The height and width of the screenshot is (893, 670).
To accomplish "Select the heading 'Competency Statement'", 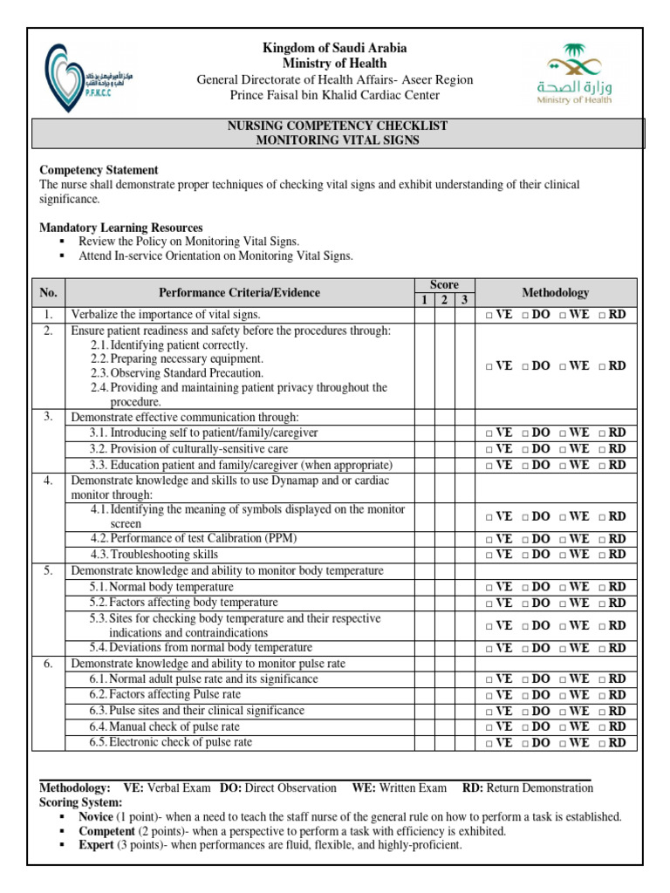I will tap(99, 170).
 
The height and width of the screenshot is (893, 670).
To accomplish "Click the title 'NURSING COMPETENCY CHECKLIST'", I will tap(337, 126).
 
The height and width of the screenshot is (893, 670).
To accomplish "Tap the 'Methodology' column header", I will tap(555, 292).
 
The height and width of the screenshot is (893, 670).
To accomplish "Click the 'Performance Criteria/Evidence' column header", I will tap(239, 292).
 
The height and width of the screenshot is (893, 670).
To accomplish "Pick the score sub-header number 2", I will tap(443, 300).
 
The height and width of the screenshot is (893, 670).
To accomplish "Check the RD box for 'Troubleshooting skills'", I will tap(603, 555).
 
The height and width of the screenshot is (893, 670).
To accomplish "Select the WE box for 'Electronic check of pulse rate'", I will tap(564, 743).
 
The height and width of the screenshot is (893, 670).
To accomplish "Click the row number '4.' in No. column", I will tap(49, 481).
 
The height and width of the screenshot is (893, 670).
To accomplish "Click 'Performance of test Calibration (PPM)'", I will tap(193, 539).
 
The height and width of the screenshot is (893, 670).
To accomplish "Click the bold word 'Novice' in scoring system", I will tap(95, 817).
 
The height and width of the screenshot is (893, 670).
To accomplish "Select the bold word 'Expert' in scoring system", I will tap(95, 845).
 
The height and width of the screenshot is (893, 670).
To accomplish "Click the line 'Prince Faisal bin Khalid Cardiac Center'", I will tap(334, 94).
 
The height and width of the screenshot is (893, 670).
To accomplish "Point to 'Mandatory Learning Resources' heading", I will tap(121, 228).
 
